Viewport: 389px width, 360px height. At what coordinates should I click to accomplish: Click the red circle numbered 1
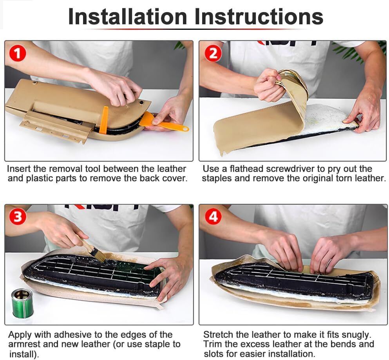(17, 53)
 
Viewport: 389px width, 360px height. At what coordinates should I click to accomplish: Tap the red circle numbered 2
(213, 53)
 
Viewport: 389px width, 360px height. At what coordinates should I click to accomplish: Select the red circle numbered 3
(17, 217)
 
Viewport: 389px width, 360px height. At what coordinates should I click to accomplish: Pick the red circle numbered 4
(213, 217)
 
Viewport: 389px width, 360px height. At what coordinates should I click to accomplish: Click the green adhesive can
(22, 303)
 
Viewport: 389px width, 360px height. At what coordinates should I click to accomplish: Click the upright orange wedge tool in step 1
(104, 120)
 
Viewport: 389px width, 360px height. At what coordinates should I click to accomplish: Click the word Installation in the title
(127, 17)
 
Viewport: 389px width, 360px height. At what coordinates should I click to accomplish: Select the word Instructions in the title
(259, 17)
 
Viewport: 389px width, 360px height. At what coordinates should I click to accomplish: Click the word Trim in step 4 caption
(212, 344)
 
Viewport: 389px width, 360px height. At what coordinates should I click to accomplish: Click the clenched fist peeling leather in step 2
(268, 85)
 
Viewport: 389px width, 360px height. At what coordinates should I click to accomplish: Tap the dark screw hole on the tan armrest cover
(141, 102)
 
